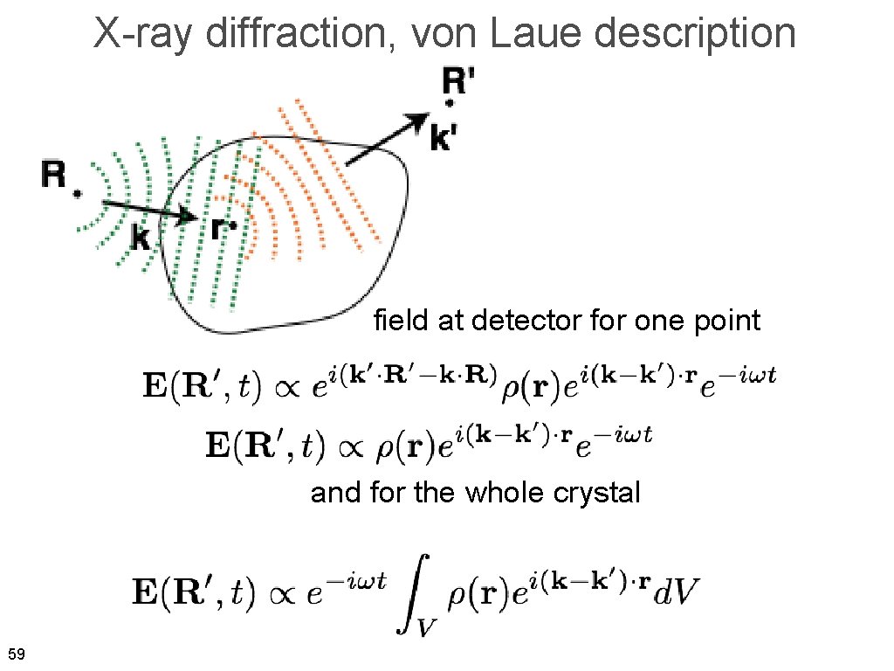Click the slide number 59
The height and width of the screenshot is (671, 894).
pyautogui.click(x=16, y=654)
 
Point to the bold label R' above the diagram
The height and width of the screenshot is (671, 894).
pyautogui.click(x=459, y=83)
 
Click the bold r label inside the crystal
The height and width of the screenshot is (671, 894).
pyautogui.click(x=220, y=229)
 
